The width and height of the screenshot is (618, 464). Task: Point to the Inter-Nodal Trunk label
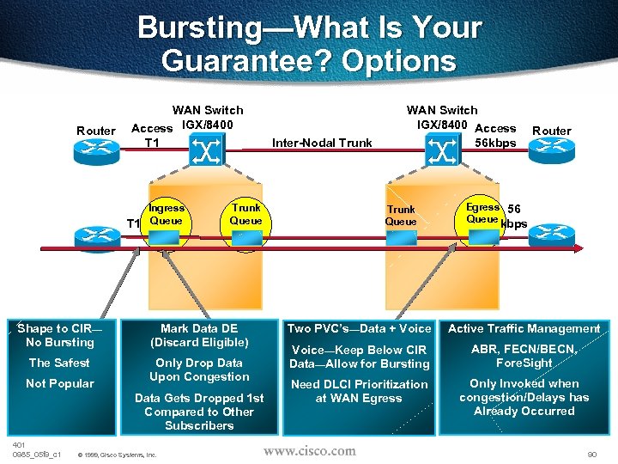click(322, 143)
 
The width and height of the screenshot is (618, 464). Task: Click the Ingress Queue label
click(167, 214)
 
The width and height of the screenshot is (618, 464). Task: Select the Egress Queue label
click(482, 212)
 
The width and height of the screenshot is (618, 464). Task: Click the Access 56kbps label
click(495, 136)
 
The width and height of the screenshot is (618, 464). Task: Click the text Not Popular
click(59, 383)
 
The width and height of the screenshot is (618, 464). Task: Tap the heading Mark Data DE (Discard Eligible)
click(199, 335)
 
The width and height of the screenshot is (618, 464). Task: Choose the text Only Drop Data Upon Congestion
click(199, 369)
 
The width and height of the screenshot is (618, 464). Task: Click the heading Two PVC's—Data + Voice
click(359, 328)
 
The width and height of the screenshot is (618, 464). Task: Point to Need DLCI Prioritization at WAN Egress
click(359, 391)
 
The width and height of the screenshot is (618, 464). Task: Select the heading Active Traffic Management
click(524, 328)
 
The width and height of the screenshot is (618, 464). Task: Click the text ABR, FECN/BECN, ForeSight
click(524, 356)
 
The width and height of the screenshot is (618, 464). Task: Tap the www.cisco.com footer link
click(309, 450)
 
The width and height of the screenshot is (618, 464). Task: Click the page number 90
click(591, 453)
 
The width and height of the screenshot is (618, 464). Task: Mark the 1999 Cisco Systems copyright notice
click(117, 455)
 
